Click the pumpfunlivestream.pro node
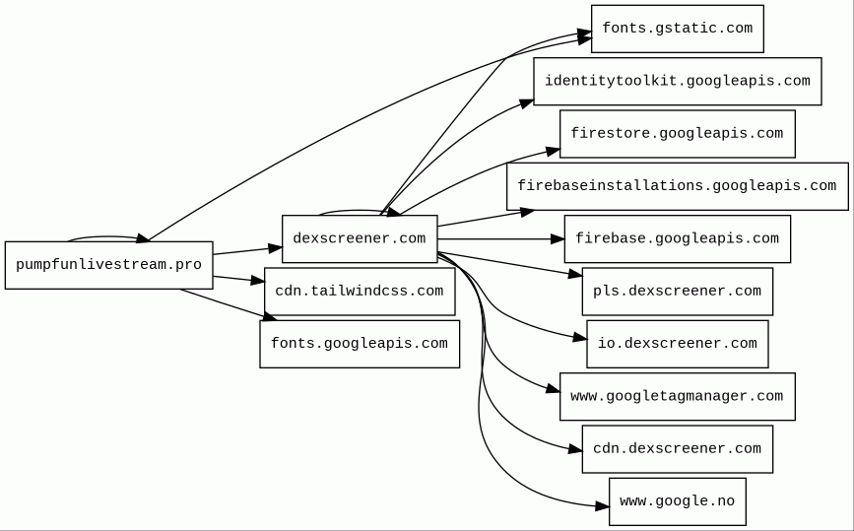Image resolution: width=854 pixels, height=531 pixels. pyautogui.click(x=109, y=265)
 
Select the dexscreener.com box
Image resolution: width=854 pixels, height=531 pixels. pyautogui.click(x=360, y=239)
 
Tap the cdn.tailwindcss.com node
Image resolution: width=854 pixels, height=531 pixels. pyautogui.click(x=360, y=292)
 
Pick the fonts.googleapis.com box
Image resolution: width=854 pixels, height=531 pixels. pyautogui.click(x=360, y=344)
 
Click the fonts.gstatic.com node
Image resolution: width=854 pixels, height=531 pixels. pyautogui.click(x=678, y=29)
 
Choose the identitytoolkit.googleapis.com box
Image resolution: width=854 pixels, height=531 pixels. pyautogui.click(x=678, y=81)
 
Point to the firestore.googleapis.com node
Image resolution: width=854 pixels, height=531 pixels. pyautogui.click(x=678, y=134)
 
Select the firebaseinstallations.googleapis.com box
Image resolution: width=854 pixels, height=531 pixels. pyautogui.click(x=678, y=186)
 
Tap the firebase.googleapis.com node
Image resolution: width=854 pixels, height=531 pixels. pyautogui.click(x=678, y=239)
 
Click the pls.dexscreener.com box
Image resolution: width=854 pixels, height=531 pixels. pyautogui.click(x=678, y=292)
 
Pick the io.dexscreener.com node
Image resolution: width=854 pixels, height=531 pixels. pyautogui.click(x=678, y=344)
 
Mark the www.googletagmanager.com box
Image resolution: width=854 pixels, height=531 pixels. pyautogui.click(x=678, y=396)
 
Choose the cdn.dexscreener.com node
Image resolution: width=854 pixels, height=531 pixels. pyautogui.click(x=678, y=449)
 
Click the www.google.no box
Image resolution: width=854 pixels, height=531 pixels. pyautogui.click(x=678, y=501)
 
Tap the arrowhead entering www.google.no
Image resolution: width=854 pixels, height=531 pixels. pyautogui.click(x=603, y=506)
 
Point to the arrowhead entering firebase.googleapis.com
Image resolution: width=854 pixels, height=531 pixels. pyautogui.click(x=558, y=239)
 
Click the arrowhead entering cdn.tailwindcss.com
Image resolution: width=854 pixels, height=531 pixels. pyautogui.click(x=258, y=281)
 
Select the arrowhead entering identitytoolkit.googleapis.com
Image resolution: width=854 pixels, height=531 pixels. pyautogui.click(x=527, y=102)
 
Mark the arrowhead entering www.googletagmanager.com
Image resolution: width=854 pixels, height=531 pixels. pyautogui.click(x=554, y=389)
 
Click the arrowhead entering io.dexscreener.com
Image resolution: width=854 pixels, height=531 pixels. pyautogui.click(x=580, y=339)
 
